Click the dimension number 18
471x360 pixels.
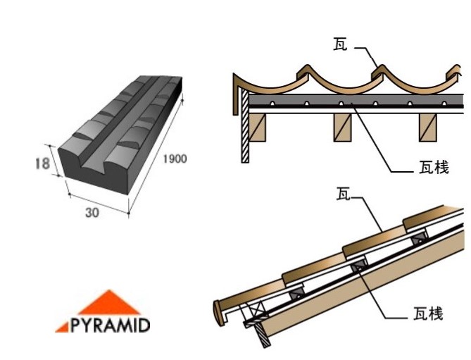tap(42, 163)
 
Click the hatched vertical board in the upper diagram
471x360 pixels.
tap(245, 127)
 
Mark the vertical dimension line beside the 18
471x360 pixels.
tap(56, 163)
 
